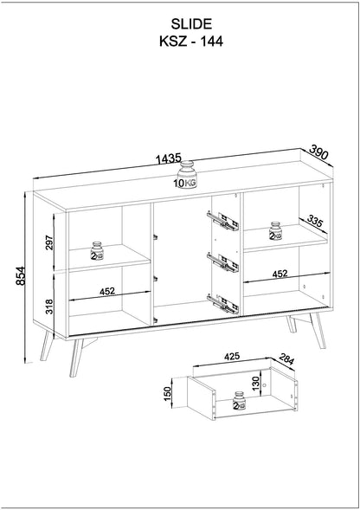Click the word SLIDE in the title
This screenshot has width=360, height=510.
point(179,28)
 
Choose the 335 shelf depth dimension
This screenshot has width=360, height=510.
point(315,223)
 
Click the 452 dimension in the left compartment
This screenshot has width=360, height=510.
point(107,292)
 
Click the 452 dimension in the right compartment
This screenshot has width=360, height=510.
point(279,274)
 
